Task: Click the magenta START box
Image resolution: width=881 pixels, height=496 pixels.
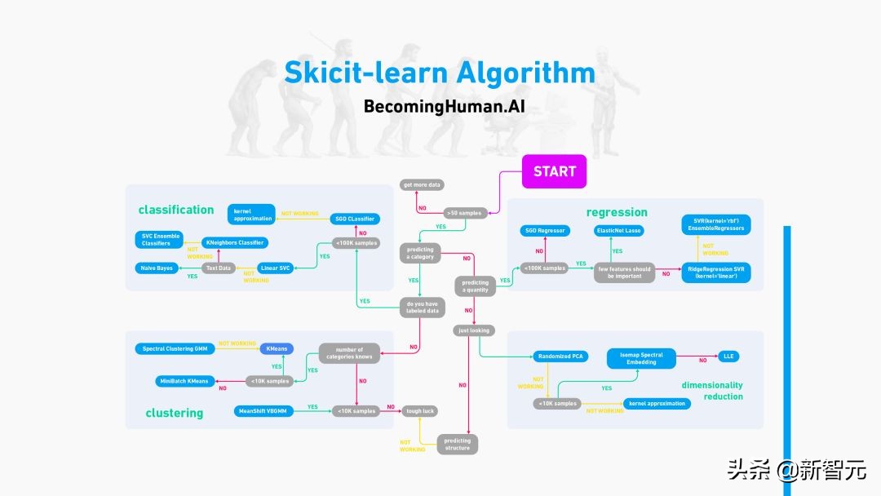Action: click(555, 171)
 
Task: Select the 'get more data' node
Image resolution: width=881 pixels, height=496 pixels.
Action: click(422, 185)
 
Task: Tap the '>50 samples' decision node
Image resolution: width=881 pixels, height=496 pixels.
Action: click(463, 213)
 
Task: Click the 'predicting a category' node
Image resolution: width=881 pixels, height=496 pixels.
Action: click(420, 252)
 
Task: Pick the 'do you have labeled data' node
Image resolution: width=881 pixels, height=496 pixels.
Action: click(423, 308)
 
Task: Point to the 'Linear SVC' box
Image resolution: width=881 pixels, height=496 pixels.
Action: click(274, 268)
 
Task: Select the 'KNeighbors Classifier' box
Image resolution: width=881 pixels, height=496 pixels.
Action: click(235, 242)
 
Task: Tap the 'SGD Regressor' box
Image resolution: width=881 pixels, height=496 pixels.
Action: click(544, 231)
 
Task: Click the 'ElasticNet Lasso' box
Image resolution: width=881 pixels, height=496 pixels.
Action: click(618, 231)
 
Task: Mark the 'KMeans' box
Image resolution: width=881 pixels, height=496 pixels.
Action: click(276, 348)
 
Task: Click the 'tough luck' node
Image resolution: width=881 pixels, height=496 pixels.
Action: click(420, 411)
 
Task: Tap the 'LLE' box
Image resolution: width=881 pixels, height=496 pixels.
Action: click(728, 356)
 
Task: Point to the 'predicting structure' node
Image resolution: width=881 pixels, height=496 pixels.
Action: click(457, 445)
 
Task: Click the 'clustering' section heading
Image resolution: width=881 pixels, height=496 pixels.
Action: click(174, 413)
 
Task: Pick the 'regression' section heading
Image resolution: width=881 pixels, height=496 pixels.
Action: click(617, 212)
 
